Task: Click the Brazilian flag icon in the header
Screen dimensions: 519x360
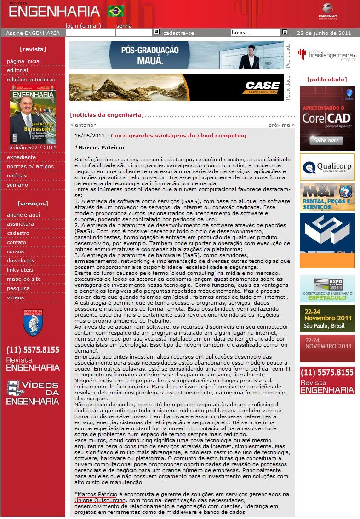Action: click(116, 11)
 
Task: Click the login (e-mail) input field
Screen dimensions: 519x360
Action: click(90, 33)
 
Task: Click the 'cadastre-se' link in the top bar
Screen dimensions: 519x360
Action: click(178, 33)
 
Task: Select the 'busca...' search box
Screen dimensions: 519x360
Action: click(256, 33)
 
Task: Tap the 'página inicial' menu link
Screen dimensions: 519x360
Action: click(24, 61)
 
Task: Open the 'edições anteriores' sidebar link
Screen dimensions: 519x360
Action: click(31, 80)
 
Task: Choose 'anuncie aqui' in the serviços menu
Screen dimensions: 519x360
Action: click(23, 215)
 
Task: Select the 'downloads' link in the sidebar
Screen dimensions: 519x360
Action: click(21, 261)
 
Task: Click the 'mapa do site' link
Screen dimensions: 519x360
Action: click(24, 279)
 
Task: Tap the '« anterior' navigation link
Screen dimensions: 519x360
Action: click(83, 125)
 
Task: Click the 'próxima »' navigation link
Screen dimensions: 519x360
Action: click(281, 125)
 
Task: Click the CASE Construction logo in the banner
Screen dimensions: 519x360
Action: click(262, 87)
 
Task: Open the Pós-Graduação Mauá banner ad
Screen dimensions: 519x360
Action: click(177, 55)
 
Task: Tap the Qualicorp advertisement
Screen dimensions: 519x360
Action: click(327, 166)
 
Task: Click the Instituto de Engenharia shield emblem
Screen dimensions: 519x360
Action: click(33, 322)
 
